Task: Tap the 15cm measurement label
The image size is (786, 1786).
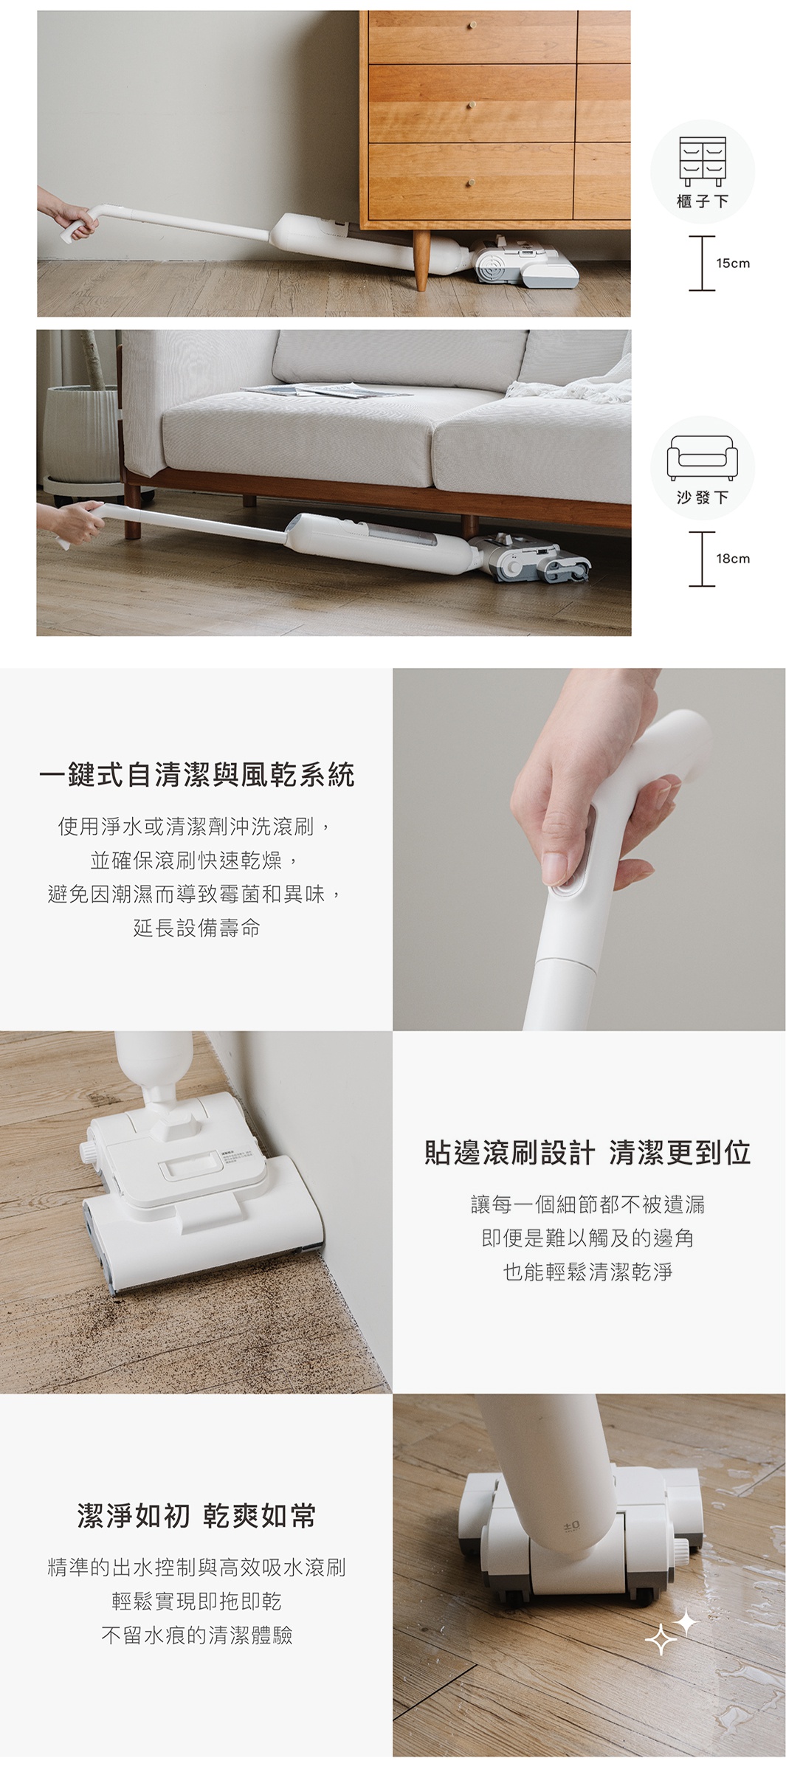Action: [x=733, y=263]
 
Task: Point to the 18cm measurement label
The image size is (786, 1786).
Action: [x=733, y=559]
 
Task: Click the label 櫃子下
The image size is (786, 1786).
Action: [x=703, y=201]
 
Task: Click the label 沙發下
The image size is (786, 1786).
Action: [x=703, y=497]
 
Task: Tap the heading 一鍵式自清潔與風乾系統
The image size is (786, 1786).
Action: [x=197, y=775]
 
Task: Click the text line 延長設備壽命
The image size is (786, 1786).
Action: [x=197, y=928]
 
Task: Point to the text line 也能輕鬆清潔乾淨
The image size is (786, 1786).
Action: [x=588, y=1272]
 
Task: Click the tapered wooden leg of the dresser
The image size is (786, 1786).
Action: [x=421, y=261]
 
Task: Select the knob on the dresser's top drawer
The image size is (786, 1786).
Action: [x=473, y=25]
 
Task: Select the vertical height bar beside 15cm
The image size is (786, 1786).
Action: [x=702, y=263]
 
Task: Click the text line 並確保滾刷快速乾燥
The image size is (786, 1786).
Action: [x=197, y=861]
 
